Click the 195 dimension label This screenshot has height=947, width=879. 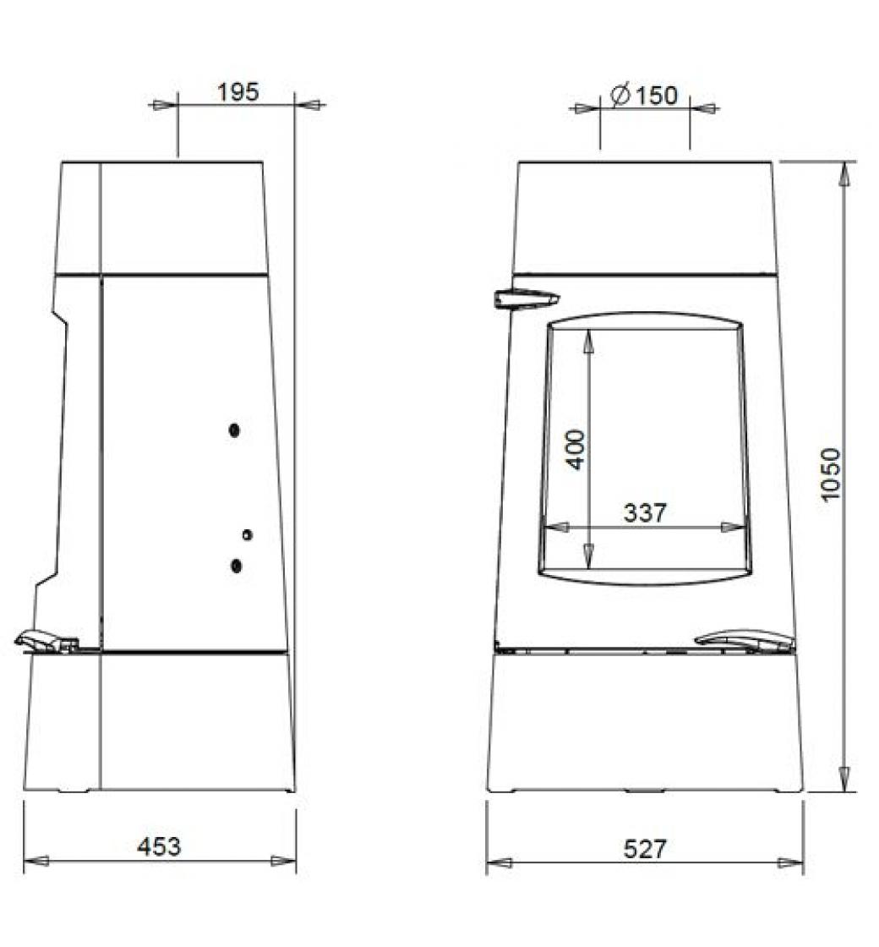click(237, 92)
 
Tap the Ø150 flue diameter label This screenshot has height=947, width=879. click(644, 96)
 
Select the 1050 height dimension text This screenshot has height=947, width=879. click(832, 474)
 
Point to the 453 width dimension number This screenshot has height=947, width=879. click(159, 846)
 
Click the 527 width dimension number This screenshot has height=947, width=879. click(645, 849)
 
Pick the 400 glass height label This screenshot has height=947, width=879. click(576, 449)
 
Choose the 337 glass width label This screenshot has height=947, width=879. click(645, 512)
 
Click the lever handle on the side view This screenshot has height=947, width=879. click(46, 642)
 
